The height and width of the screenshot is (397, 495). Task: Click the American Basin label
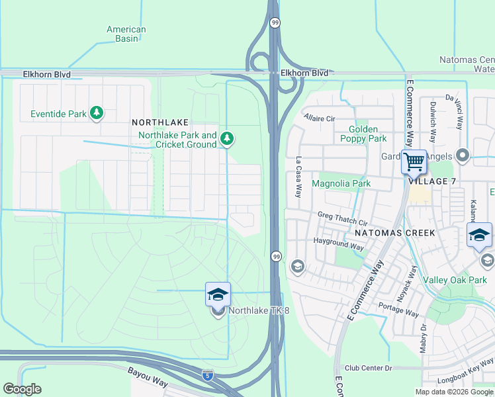pyautogui.click(x=126, y=34)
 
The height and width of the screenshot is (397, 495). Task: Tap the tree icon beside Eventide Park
pyautogui.click(x=97, y=113)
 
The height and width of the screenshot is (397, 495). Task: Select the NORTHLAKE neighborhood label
pyautogui.click(x=160, y=122)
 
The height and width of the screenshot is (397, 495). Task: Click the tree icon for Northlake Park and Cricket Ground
pyautogui.click(x=227, y=138)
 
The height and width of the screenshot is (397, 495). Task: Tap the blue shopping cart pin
pyautogui.click(x=414, y=161)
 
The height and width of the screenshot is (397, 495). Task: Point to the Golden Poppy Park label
pyautogui.click(x=363, y=134)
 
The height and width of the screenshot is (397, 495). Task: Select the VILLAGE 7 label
pyautogui.click(x=432, y=181)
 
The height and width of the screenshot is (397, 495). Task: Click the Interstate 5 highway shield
pyautogui.click(x=207, y=375)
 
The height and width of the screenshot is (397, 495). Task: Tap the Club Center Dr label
pyautogui.click(x=369, y=368)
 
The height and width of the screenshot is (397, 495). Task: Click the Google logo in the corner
pyautogui.click(x=22, y=389)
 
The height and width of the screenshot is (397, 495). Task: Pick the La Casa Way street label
pyautogui.click(x=298, y=177)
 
